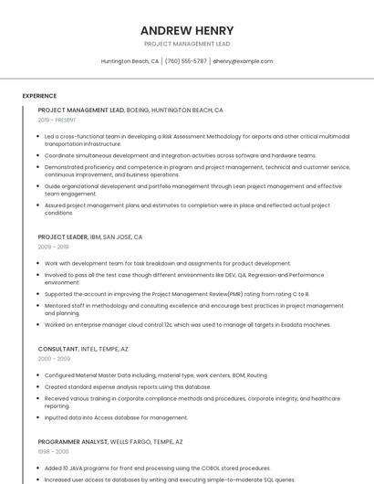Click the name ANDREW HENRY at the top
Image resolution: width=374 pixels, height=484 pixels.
point(186,30)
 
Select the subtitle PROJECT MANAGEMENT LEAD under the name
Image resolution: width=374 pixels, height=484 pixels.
point(186,44)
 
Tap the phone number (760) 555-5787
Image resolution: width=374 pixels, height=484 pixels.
point(186,61)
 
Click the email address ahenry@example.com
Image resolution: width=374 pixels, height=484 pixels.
point(243,61)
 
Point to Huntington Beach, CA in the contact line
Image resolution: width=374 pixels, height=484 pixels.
point(130,61)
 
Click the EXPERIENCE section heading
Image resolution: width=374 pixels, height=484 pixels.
point(39,96)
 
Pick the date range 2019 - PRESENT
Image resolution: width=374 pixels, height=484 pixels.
point(57,120)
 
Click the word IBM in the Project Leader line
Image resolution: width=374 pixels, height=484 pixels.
point(96,237)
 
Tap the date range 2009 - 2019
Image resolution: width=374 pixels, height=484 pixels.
point(53,247)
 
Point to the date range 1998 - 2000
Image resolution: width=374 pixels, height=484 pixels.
point(53,451)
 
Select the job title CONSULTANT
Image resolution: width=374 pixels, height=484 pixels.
point(58,349)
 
